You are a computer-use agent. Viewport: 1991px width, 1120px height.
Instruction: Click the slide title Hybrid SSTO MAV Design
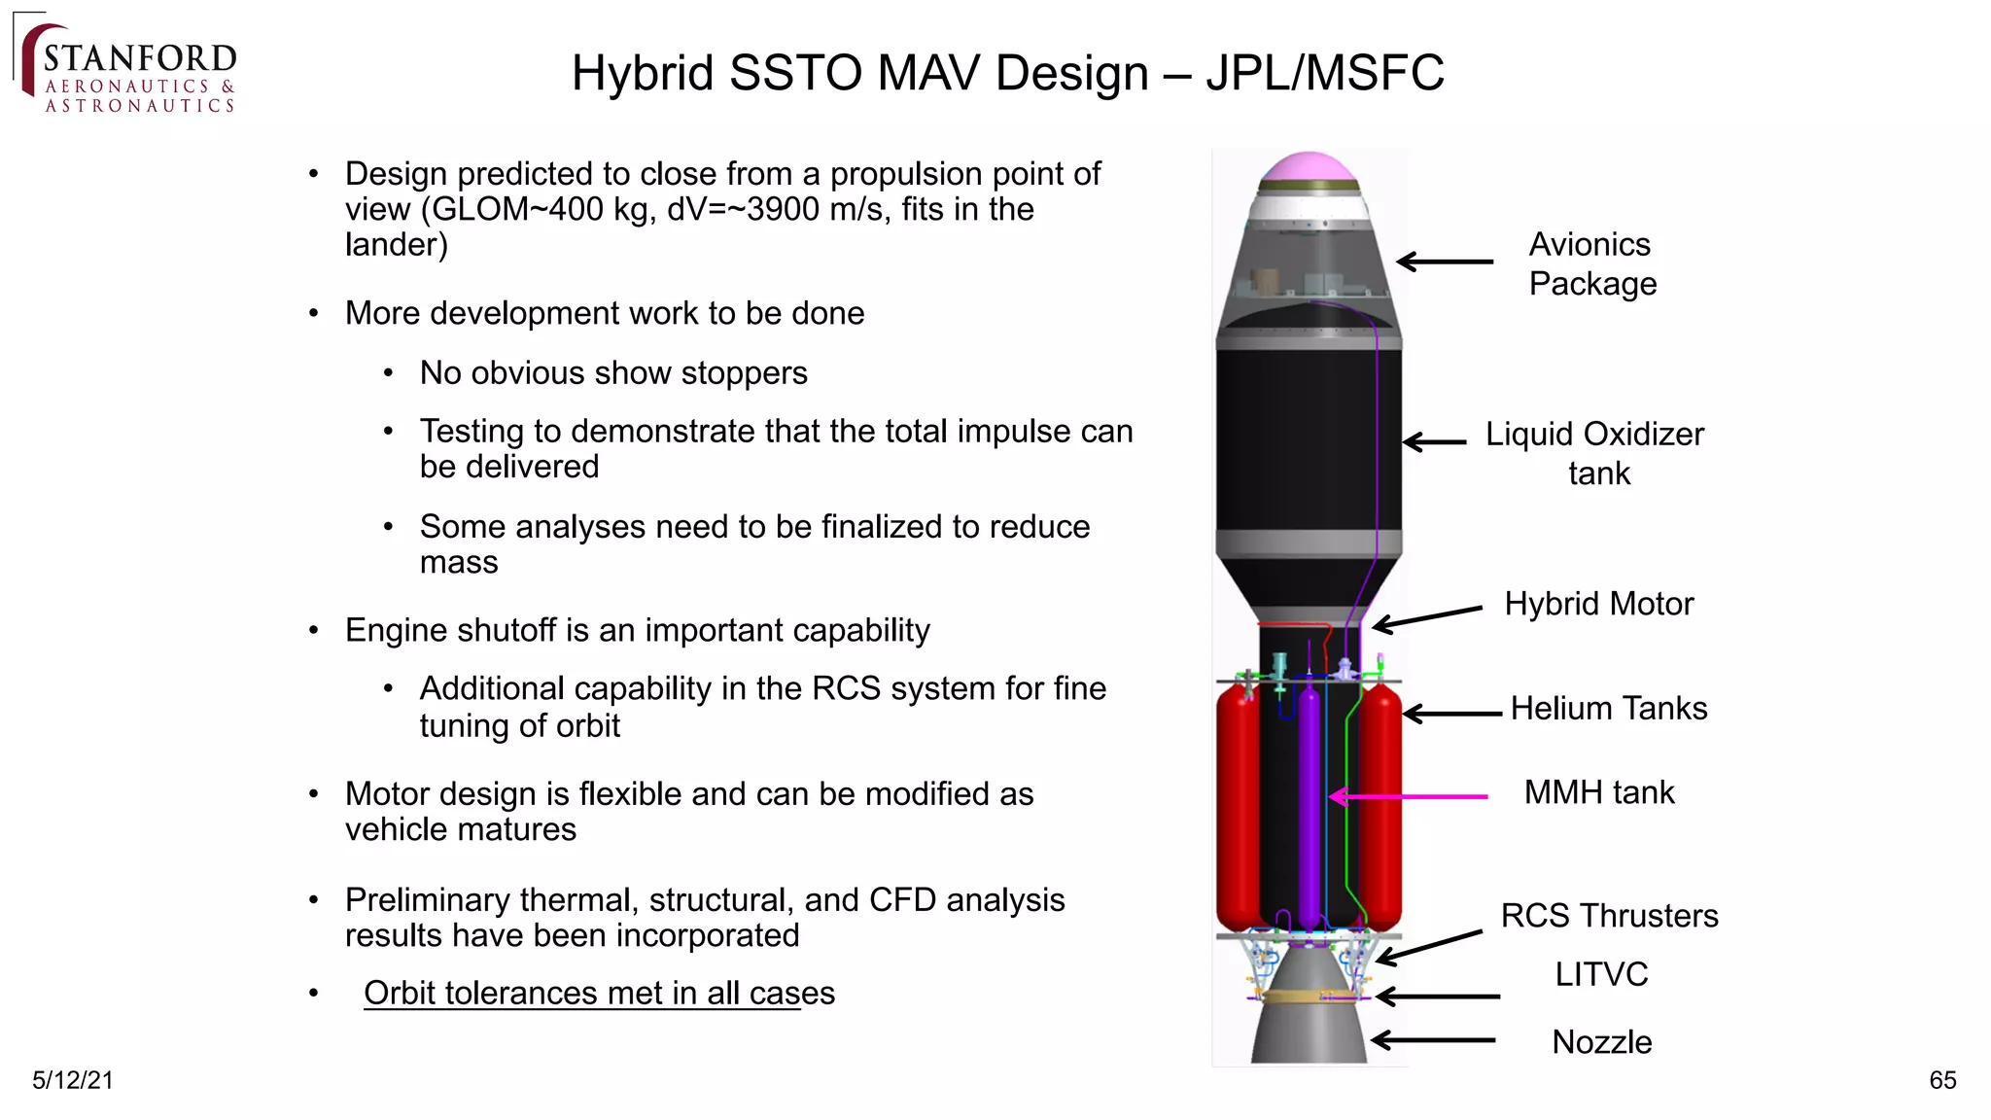pos(1007,73)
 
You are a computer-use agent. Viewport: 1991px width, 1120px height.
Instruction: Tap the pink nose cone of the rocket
pos(1308,167)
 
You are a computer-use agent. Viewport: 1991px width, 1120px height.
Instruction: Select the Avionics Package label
pos(1591,263)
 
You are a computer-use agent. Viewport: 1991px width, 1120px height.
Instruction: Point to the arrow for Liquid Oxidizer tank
pos(1435,442)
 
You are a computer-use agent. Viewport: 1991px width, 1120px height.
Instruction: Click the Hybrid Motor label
pos(1598,604)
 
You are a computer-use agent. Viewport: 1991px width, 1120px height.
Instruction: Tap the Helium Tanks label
pos(1608,708)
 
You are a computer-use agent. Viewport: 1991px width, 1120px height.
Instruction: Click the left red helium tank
pos(1237,807)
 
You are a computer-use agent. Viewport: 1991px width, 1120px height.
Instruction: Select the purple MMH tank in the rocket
pos(1309,807)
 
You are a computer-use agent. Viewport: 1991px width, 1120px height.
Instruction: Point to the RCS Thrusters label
pos(1609,916)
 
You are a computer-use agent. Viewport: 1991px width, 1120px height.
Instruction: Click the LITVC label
pos(1600,974)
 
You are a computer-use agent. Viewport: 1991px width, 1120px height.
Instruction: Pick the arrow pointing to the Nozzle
pos(1433,1040)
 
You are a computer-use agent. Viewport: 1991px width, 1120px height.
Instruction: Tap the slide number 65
pos(1941,1080)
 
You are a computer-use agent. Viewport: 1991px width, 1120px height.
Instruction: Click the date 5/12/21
pos(73,1080)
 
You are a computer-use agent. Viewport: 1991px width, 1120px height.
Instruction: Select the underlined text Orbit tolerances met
pos(599,993)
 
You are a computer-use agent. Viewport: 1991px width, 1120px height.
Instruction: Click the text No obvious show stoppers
pos(612,373)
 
